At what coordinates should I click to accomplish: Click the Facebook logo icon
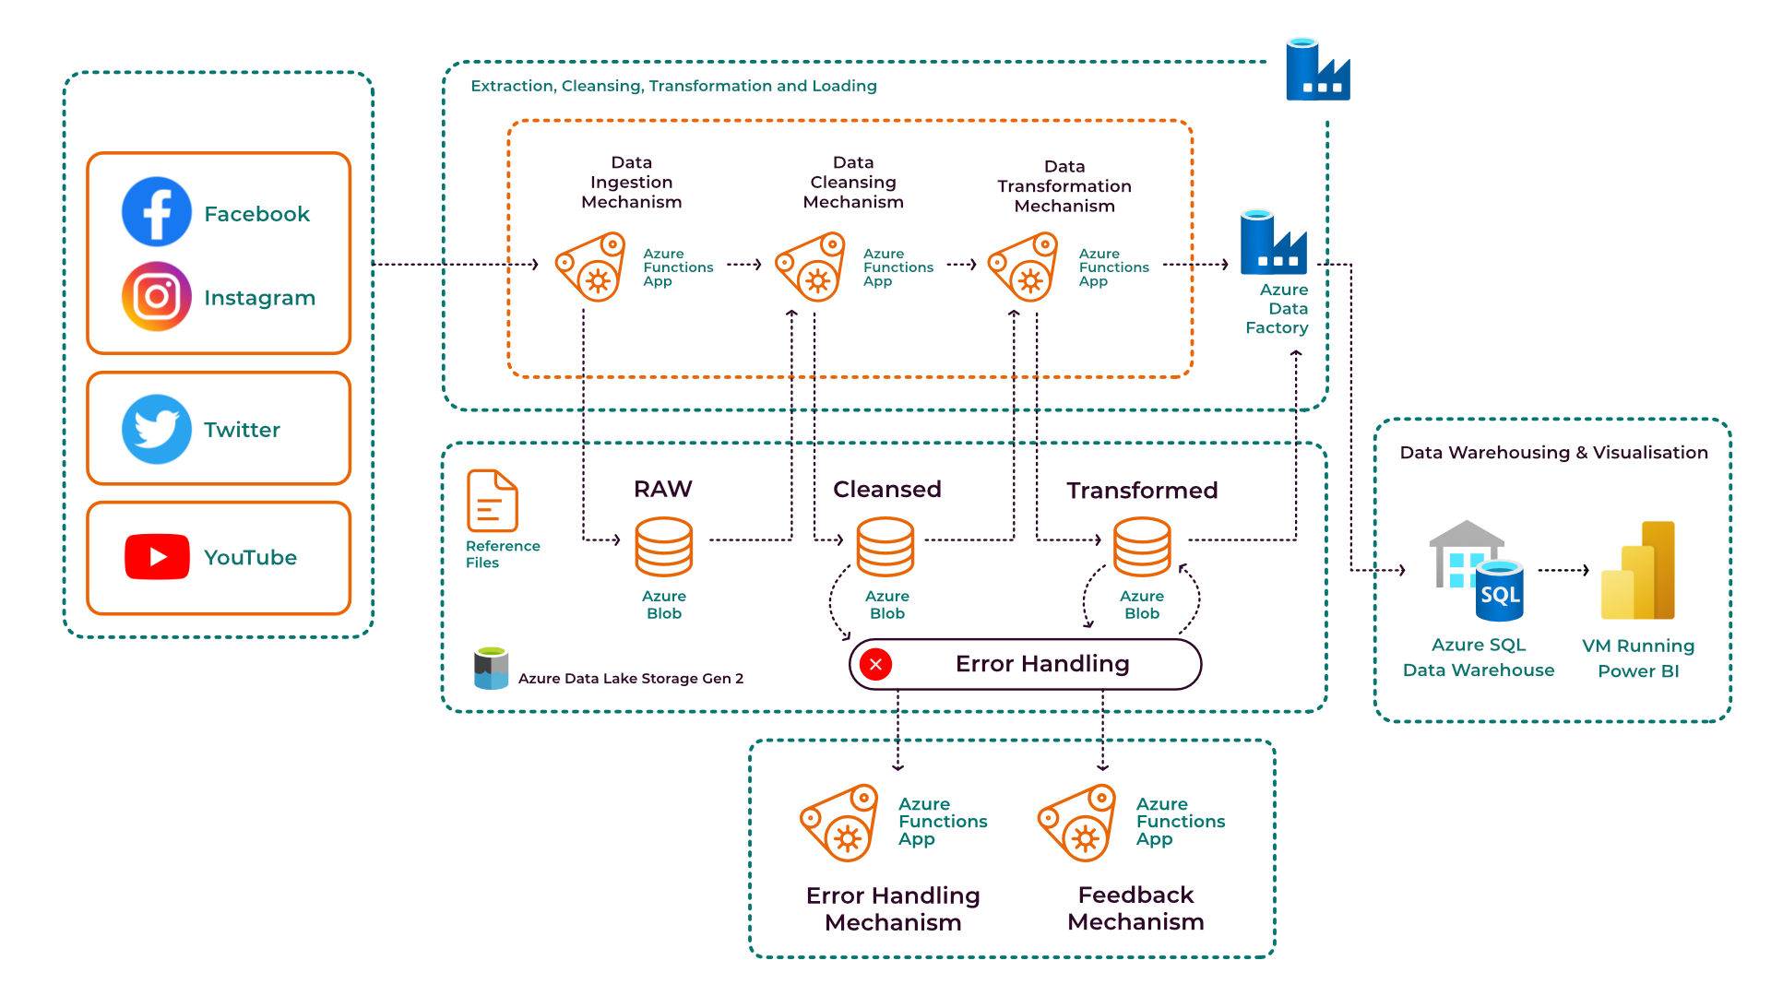click(x=157, y=212)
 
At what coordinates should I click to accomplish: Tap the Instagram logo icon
click(x=157, y=296)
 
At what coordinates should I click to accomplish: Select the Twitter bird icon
click(x=157, y=429)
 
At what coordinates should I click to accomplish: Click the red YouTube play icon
click(x=157, y=557)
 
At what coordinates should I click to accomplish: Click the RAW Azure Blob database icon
click(x=663, y=546)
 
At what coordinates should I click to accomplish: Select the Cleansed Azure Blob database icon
click(x=885, y=546)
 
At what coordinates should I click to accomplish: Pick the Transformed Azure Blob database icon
click(x=1142, y=546)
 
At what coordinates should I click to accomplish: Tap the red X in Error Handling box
click(x=875, y=664)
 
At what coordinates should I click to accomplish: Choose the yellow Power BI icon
click(x=1638, y=572)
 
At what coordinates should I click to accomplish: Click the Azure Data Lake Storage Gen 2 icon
click(x=491, y=669)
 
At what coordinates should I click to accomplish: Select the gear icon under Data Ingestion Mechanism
click(x=590, y=267)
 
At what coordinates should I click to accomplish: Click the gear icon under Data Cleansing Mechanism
click(x=810, y=267)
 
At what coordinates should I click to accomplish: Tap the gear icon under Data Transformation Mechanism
click(x=1023, y=267)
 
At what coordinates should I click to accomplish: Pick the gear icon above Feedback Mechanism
click(x=1077, y=824)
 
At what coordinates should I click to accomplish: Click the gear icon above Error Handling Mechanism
click(x=839, y=824)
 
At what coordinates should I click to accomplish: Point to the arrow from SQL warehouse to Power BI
click(x=1563, y=570)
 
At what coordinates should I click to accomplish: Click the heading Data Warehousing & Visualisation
click(x=1553, y=453)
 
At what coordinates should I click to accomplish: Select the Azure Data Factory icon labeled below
click(x=1273, y=243)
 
